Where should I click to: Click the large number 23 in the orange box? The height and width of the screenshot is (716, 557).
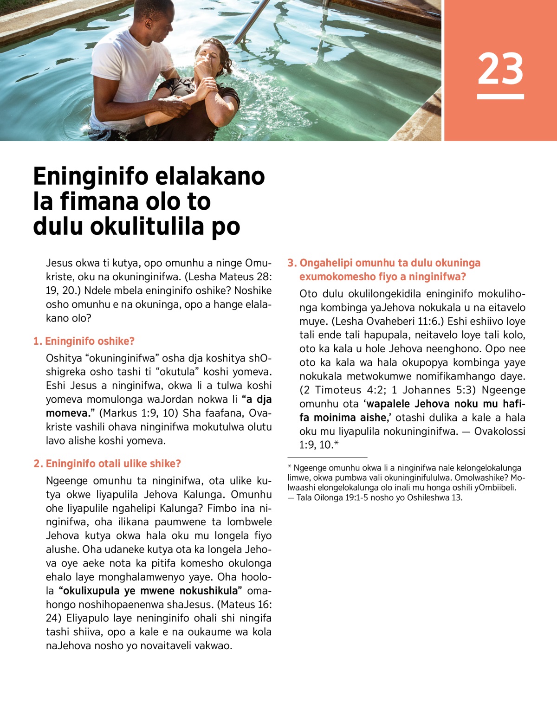point(500,69)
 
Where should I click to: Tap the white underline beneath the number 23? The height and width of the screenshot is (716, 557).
point(500,97)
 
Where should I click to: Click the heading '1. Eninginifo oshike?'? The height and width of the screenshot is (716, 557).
point(84,341)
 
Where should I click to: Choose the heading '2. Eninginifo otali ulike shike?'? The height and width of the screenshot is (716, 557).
point(107,464)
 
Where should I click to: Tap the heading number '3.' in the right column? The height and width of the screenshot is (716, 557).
point(292,263)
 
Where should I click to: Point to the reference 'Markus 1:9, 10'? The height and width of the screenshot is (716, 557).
point(139,413)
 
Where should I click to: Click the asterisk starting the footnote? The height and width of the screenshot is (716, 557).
point(290,467)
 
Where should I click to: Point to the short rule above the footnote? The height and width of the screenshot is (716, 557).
point(327,458)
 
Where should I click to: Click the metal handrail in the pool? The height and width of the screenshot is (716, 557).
point(251,21)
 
